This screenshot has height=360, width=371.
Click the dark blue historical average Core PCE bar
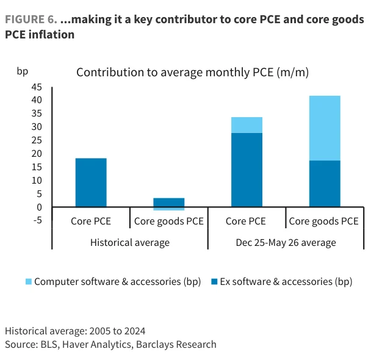pyautogui.click(x=91, y=182)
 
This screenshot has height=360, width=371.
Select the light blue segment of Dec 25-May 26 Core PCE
pyautogui.click(x=247, y=125)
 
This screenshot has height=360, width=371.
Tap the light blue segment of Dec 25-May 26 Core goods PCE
pyautogui.click(x=325, y=128)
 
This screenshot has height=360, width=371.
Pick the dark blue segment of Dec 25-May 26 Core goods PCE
pyautogui.click(x=325, y=184)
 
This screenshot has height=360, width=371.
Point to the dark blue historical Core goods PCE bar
pyautogui.click(x=168, y=203)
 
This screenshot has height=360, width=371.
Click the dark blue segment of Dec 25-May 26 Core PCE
pyautogui.click(x=247, y=170)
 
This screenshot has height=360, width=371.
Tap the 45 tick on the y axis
pyautogui.click(x=37, y=87)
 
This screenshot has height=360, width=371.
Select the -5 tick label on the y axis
pyautogui.click(x=38, y=220)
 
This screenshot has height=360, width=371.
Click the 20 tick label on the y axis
pyautogui.click(x=37, y=154)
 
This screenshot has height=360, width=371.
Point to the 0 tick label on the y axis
pyautogui.click(x=39, y=207)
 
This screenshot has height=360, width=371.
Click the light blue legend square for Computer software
pyautogui.click(x=29, y=281)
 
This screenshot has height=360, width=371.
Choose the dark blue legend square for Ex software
pyautogui.click(x=214, y=281)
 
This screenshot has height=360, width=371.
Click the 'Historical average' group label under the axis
pyautogui.click(x=130, y=243)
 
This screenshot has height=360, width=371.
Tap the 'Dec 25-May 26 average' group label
pyautogui.click(x=286, y=243)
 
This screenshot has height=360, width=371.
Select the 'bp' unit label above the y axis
pyautogui.click(x=23, y=71)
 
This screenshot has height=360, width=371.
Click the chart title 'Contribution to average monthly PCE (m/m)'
pyautogui.click(x=192, y=73)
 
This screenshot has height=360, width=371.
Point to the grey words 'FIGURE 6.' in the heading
pyautogui.click(x=31, y=20)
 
